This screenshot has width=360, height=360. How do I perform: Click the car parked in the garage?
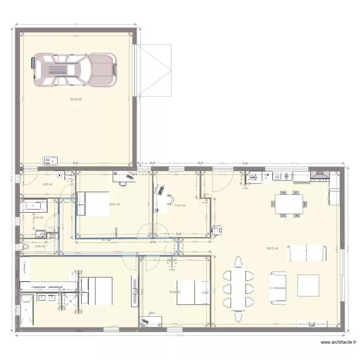point(74,70)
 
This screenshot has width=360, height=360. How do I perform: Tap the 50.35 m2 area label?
point(76,99)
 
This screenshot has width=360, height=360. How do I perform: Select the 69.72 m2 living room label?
point(273,249)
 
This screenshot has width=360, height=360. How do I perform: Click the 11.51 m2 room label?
point(180,205)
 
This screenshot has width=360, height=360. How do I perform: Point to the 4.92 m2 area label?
point(47,184)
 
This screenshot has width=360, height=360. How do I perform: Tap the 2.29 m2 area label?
point(40,247)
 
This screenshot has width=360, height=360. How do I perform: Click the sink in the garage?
point(50,161)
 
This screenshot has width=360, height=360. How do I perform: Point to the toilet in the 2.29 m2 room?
point(25,247)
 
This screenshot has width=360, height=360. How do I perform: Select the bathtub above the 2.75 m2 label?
point(34,206)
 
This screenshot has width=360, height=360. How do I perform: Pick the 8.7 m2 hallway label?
point(107,240)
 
